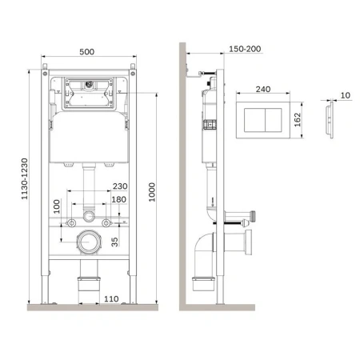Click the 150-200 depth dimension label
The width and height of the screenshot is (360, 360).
pos(222,50)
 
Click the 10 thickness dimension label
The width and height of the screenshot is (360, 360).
pos(345,96)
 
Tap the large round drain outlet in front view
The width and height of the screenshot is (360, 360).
pos(88,242)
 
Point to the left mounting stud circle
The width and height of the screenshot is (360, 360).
pos(72,221)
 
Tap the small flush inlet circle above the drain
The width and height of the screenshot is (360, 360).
pos(89,218)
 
